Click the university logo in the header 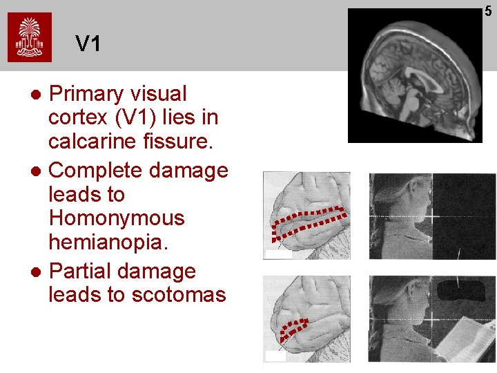(30, 37)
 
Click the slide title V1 (88, 44)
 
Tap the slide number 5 (488, 10)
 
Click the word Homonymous (117, 218)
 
